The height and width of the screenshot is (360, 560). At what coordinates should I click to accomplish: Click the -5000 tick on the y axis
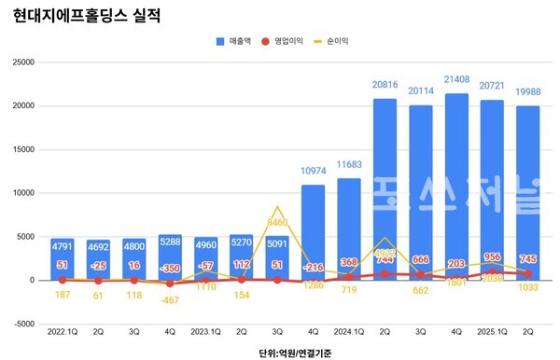pos(21,324)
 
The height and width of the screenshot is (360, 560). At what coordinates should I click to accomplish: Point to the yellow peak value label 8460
pos(277,197)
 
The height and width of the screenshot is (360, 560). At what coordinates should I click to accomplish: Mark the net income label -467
pos(170,300)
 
